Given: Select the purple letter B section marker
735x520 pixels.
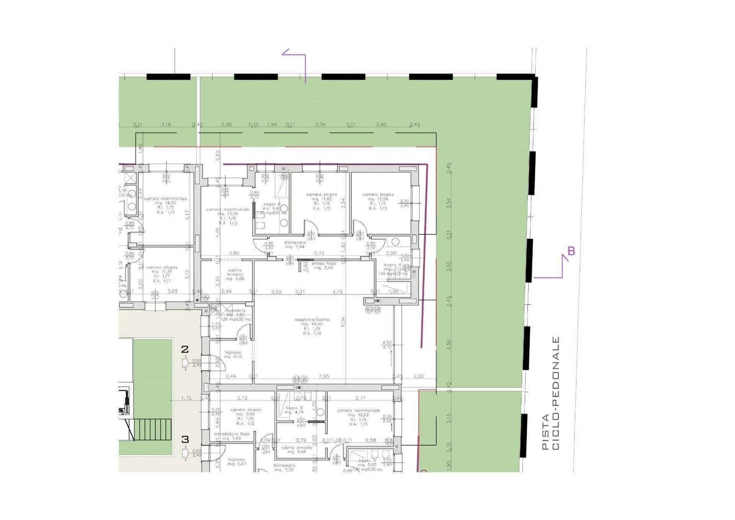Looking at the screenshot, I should (571, 251).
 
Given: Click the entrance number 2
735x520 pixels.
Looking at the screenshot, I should (185, 349).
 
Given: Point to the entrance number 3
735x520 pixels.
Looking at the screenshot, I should (185, 439).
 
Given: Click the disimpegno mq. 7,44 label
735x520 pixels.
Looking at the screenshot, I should (295, 245).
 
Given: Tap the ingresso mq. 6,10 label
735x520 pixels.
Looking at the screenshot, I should (233, 354).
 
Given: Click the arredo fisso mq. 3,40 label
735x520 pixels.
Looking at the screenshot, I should (323, 266).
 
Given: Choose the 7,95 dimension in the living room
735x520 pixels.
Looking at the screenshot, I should (323, 376).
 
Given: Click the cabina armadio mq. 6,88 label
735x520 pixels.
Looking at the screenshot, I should (235, 274).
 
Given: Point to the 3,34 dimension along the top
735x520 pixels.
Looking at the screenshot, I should (320, 124).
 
